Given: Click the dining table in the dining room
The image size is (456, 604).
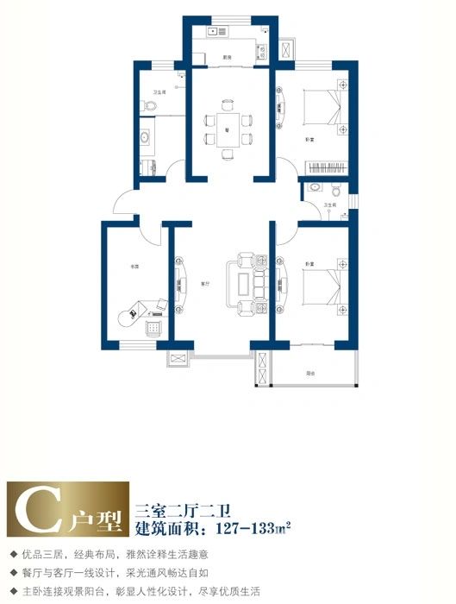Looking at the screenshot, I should pos(228,129).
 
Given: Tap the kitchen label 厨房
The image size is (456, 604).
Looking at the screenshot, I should pos(227,57).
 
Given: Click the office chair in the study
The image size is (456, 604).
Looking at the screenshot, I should pos(133,311).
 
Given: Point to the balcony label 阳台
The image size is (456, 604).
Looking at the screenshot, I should pos(309,374).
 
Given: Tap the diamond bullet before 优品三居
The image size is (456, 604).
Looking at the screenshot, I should pos(13,552).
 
